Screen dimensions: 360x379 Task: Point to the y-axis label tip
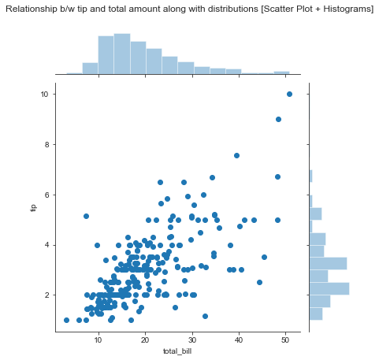click(33, 207)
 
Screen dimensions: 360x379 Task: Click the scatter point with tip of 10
click(289, 94)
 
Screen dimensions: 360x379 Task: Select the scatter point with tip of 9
click(278, 119)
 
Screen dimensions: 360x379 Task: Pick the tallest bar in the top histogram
click(121, 54)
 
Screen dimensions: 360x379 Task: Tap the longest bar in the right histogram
click(329, 288)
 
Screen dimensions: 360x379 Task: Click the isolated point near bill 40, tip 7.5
click(236, 156)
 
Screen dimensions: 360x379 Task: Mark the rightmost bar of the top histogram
click(282, 72)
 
